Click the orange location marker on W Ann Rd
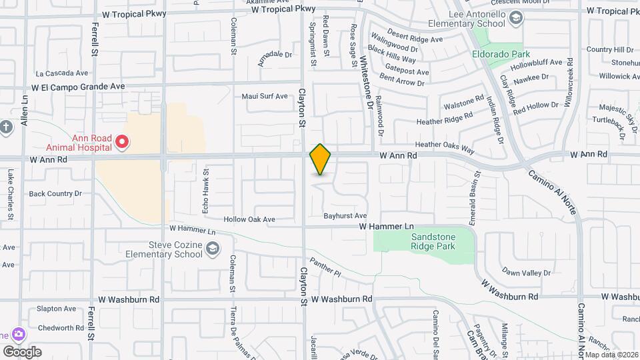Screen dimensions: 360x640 [320, 159]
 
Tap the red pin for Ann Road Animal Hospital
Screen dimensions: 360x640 [122, 141]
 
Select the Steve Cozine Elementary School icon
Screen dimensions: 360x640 [212, 249]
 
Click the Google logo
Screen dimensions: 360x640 [22, 352]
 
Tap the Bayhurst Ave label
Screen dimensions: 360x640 [345, 216]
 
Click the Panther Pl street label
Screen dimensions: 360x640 [325, 268]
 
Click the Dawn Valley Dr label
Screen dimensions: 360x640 [527, 273]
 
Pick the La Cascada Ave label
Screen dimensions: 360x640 [62, 73]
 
